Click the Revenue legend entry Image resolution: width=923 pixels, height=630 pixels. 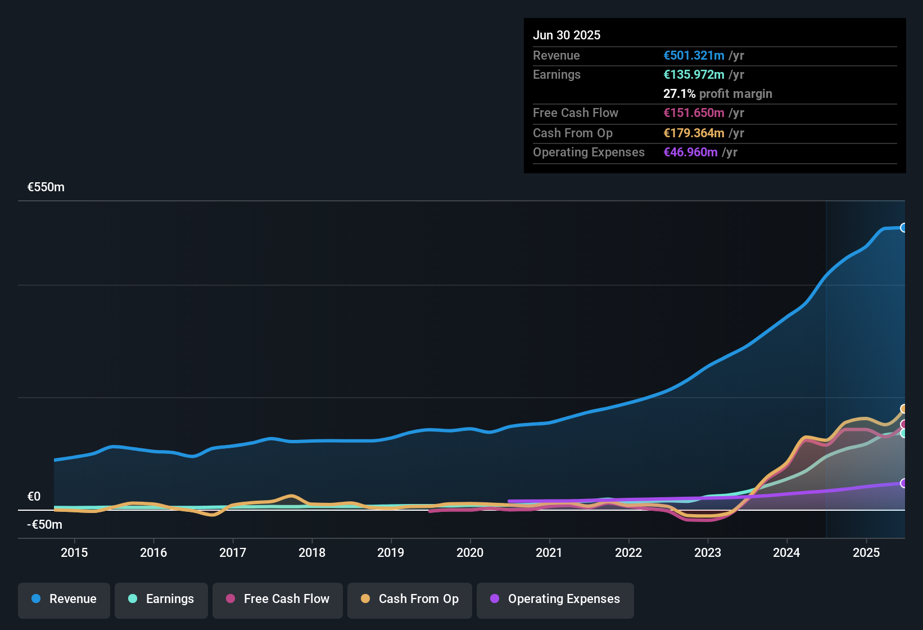[x=64, y=599]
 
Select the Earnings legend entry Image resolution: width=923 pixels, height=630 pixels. [x=161, y=599]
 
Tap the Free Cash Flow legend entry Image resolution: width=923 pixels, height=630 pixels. [x=278, y=599]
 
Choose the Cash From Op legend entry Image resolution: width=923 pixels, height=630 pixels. [x=410, y=599]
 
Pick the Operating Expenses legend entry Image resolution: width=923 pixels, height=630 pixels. [x=555, y=599]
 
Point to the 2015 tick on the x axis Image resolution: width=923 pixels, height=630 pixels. [x=74, y=552]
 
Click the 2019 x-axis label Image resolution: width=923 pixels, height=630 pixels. [x=391, y=552]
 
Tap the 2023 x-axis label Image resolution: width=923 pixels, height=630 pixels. [x=707, y=552]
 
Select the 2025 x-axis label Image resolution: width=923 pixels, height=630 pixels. [x=866, y=552]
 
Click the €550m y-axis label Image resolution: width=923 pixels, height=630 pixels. [x=46, y=187]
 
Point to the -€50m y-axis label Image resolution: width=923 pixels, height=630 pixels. [x=45, y=525]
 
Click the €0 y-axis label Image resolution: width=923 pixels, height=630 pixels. [x=34, y=497]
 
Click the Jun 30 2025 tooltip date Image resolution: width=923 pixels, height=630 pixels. [x=567, y=35]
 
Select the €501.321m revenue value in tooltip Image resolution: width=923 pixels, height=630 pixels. [x=694, y=56]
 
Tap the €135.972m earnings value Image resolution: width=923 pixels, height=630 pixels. [x=694, y=75]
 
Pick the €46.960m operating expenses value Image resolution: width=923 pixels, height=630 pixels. [x=690, y=152]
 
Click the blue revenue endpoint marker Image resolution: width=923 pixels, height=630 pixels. [x=903, y=228]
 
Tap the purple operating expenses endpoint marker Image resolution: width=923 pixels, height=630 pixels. [x=903, y=483]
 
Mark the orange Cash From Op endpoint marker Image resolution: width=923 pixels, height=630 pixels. [x=903, y=409]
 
